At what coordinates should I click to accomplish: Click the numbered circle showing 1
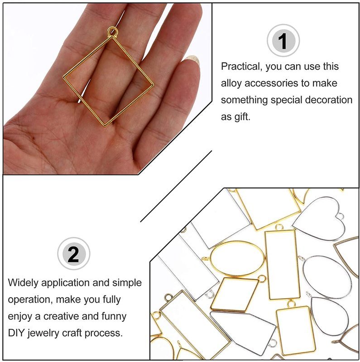[283, 40]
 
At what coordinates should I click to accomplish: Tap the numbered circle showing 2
[74, 254]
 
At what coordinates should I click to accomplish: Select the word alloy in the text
[231, 83]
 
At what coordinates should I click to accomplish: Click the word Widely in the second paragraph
[23, 283]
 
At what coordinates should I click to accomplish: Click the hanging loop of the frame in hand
[113, 31]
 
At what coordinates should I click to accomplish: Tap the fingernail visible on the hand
[192, 60]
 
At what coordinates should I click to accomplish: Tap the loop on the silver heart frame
[340, 216]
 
